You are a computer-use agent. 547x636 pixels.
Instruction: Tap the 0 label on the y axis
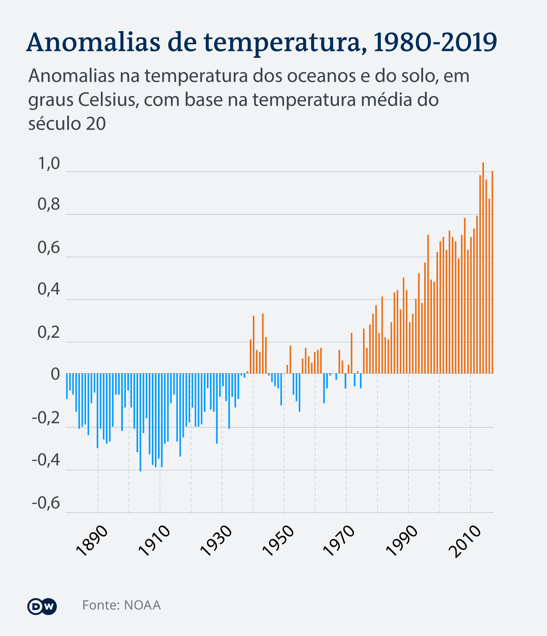(x=55, y=375)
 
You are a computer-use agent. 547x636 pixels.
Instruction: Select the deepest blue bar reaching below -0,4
(x=140, y=422)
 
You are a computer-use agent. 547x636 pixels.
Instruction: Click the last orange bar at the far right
(x=492, y=272)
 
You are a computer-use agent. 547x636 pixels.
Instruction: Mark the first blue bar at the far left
(x=67, y=386)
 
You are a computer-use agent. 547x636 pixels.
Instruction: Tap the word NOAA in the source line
(x=142, y=605)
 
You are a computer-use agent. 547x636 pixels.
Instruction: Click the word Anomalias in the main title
(x=94, y=42)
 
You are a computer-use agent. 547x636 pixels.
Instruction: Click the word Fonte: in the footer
(x=101, y=605)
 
